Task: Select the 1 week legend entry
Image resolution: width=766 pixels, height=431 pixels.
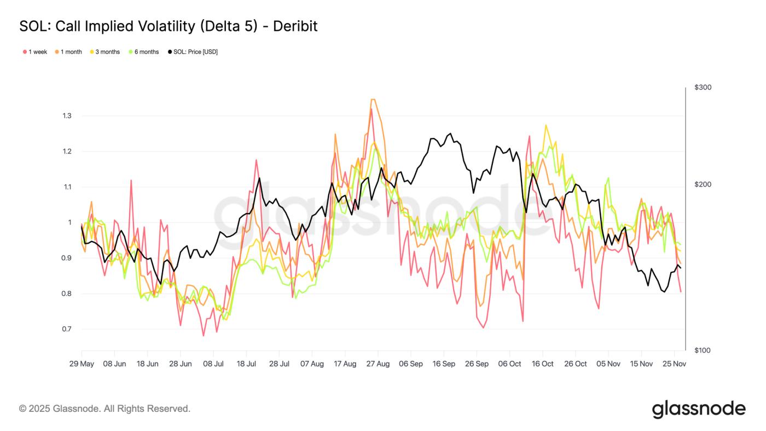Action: pos(35,52)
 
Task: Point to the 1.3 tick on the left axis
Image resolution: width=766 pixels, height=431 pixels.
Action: pos(67,116)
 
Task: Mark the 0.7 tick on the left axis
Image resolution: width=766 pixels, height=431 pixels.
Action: pos(67,329)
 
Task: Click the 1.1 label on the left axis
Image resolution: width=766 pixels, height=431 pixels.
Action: pos(67,187)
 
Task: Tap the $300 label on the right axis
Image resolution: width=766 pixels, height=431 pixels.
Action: pos(703,88)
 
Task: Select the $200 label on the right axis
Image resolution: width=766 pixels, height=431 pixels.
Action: pos(703,185)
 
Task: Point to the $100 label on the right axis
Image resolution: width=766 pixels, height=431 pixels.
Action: pos(703,350)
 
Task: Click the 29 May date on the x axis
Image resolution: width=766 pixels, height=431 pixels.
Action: pos(82,364)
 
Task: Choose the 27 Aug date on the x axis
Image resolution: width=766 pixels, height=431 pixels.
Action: pos(378,364)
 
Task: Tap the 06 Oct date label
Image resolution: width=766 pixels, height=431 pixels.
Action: pos(510,364)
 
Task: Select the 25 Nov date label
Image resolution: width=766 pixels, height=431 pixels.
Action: pos(674,364)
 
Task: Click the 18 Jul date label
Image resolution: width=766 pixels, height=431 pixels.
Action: pos(246,364)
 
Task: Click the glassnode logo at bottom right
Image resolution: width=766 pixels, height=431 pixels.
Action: pos(698,409)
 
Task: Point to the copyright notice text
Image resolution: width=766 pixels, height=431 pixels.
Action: pos(105,409)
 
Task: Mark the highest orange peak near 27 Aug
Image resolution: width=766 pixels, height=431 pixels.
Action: pos(373,99)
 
